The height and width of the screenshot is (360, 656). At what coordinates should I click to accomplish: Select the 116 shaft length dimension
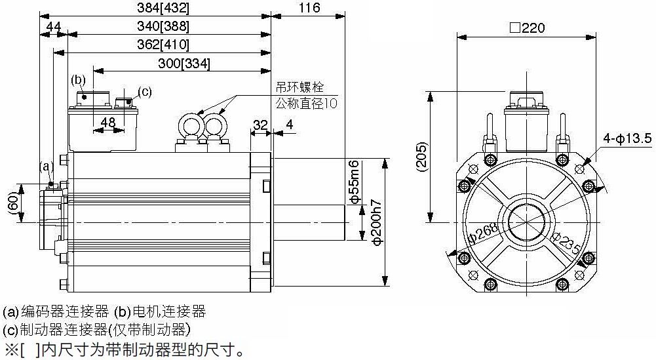tap(308, 8)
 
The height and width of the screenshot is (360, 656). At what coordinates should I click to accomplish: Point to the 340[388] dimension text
tap(168, 26)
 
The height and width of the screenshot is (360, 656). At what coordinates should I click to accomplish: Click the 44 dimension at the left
tap(54, 26)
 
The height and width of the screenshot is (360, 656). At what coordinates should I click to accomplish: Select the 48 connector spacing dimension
tap(108, 122)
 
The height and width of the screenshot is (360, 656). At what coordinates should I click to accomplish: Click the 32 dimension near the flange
tap(260, 124)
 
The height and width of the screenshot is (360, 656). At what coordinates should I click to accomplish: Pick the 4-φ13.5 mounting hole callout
tap(628, 138)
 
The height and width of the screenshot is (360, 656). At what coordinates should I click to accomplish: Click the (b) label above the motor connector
tap(78, 80)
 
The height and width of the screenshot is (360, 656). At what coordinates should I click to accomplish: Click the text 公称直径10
tap(306, 103)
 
